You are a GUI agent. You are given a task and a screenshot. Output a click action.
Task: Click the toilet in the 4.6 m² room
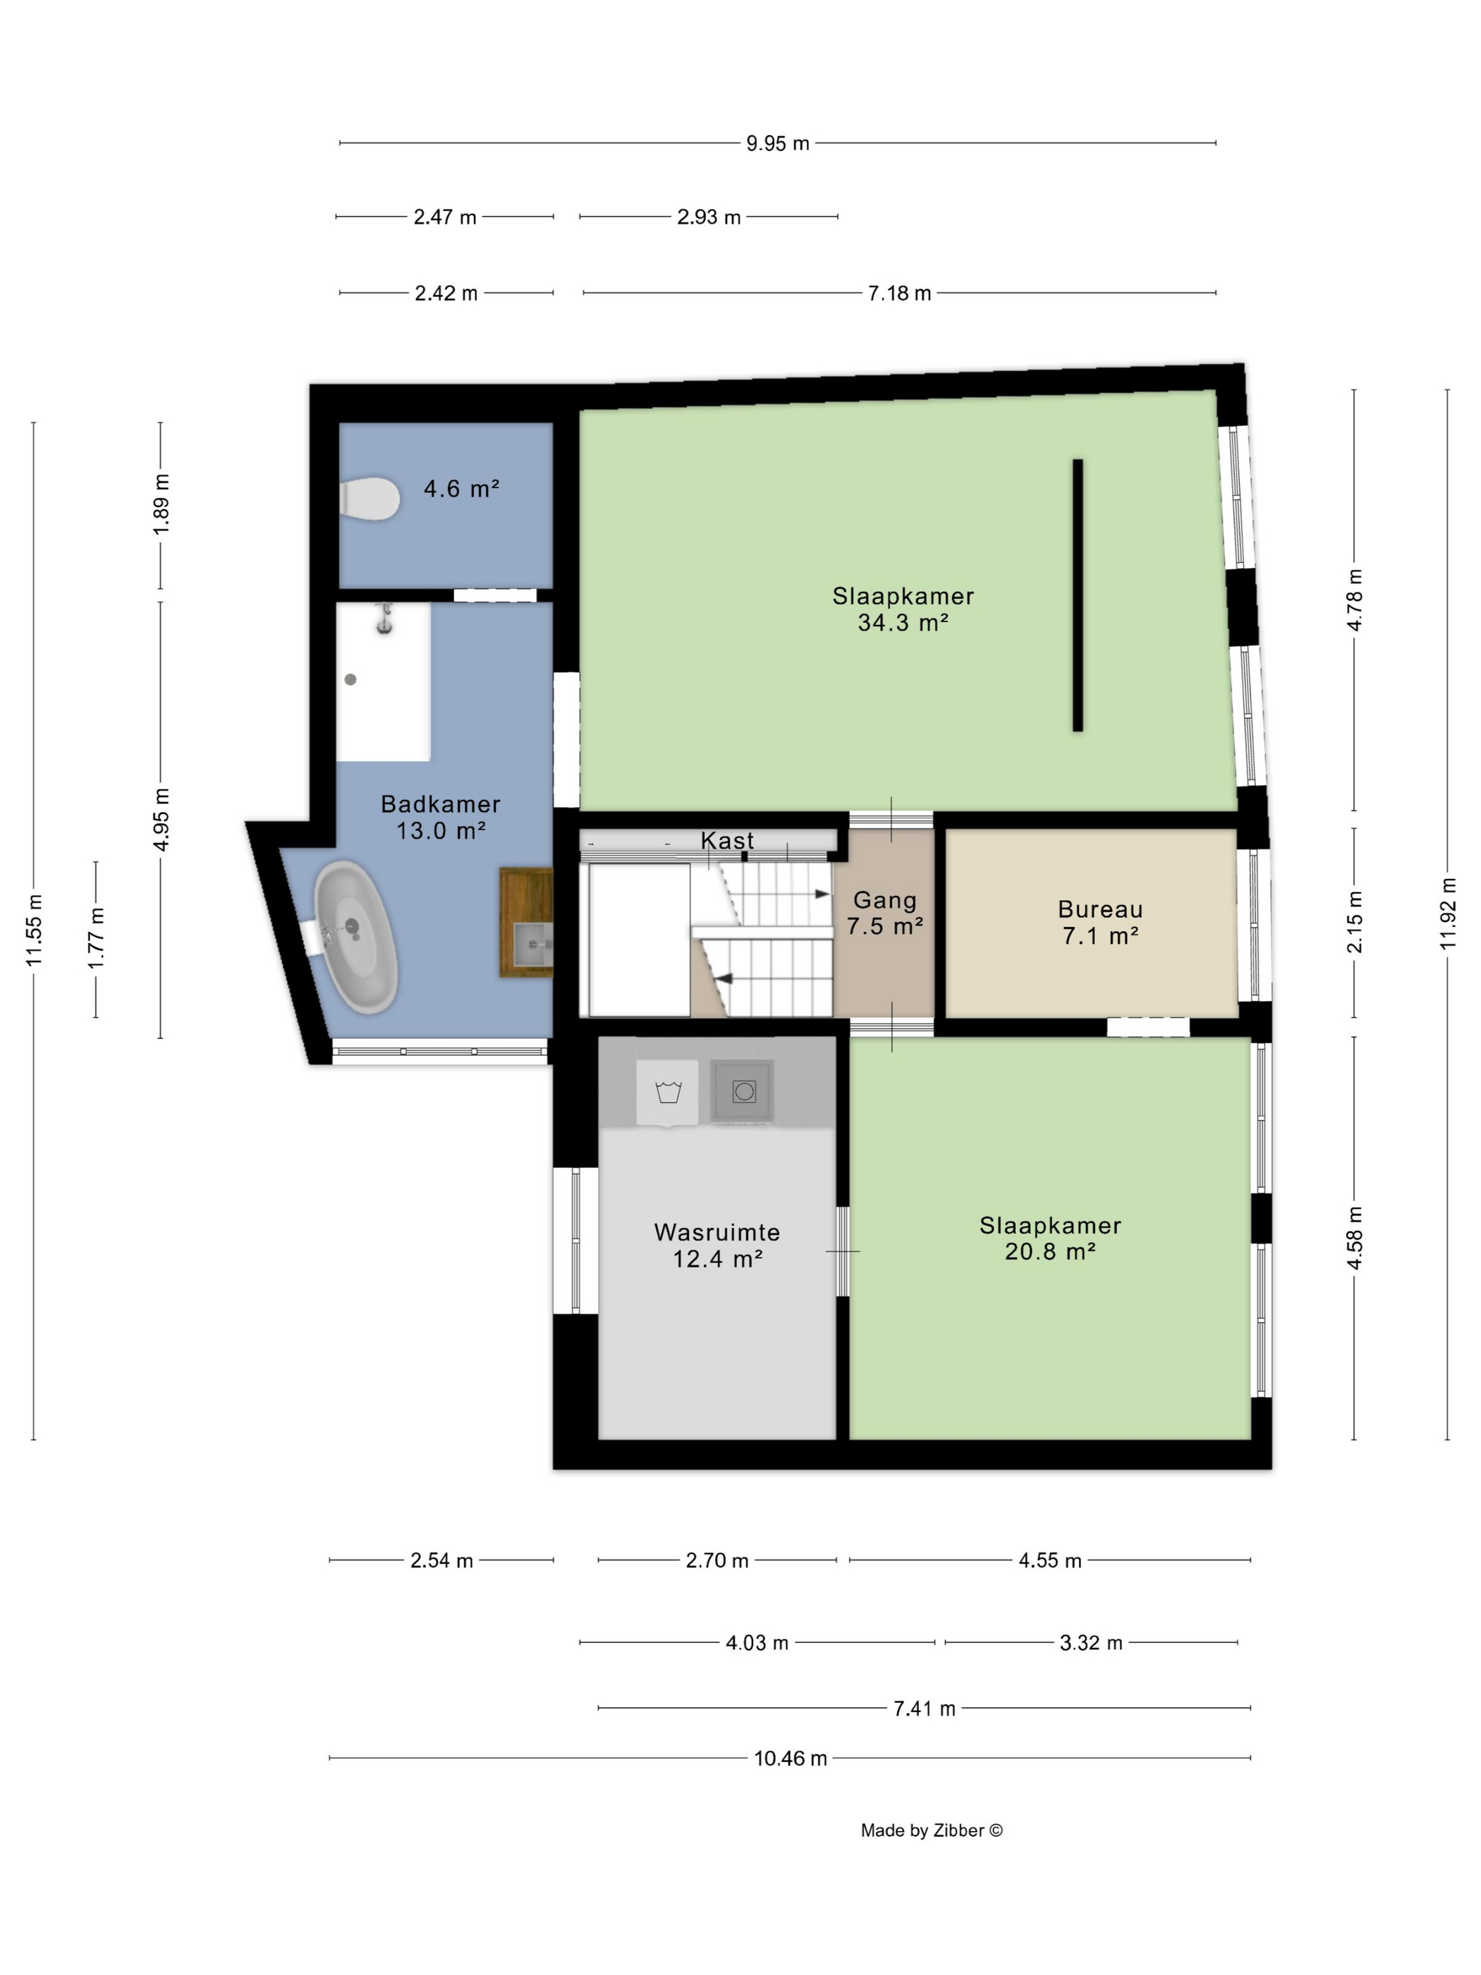[x=369, y=498]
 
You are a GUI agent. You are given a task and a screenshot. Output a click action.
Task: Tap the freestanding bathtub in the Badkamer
[x=355, y=937]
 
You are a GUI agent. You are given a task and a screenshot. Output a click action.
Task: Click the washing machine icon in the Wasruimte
[x=667, y=1092]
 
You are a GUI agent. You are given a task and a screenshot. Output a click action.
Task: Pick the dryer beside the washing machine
[x=742, y=1091]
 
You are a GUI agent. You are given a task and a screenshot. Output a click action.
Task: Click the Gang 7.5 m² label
[x=884, y=913]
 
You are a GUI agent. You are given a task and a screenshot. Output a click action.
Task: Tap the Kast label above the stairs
[x=726, y=840]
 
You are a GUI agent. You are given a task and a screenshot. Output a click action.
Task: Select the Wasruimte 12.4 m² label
[x=717, y=1246]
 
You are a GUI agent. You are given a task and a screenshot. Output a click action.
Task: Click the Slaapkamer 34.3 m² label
[x=903, y=609]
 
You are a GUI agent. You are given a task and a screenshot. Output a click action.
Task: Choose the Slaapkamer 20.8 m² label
[x=1050, y=1239]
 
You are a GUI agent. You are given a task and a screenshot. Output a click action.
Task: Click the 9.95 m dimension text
[x=778, y=144]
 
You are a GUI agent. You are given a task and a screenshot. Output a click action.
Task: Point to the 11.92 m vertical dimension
[x=1447, y=913]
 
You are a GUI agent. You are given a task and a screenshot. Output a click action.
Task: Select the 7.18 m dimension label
[x=899, y=293]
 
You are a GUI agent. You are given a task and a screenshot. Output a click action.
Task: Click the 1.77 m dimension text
[x=95, y=937]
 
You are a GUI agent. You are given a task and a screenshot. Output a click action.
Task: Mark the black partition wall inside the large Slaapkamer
[x=1078, y=595]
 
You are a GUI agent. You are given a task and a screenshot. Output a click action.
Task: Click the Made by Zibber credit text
[x=931, y=1830]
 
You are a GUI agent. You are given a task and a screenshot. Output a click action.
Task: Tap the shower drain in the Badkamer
[x=351, y=679]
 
